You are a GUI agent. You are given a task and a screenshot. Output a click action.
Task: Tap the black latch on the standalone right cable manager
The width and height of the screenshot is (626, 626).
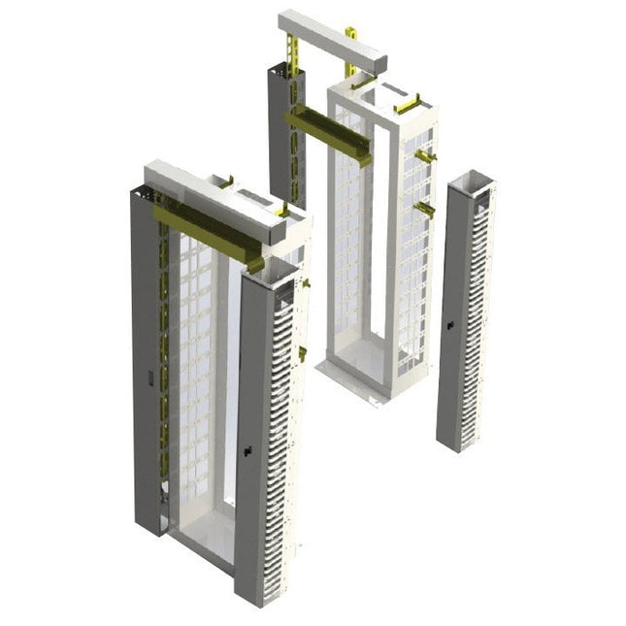tap(450, 325)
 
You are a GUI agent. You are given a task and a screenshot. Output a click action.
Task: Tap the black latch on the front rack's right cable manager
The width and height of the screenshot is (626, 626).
tap(248, 449)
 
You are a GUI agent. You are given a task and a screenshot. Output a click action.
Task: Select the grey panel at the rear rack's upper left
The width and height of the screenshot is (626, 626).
tap(280, 126)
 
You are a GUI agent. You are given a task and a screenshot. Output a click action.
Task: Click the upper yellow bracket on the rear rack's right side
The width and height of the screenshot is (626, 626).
tap(426, 156)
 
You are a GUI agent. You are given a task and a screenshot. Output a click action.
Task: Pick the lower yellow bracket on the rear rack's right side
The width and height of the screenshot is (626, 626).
tap(424, 208)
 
